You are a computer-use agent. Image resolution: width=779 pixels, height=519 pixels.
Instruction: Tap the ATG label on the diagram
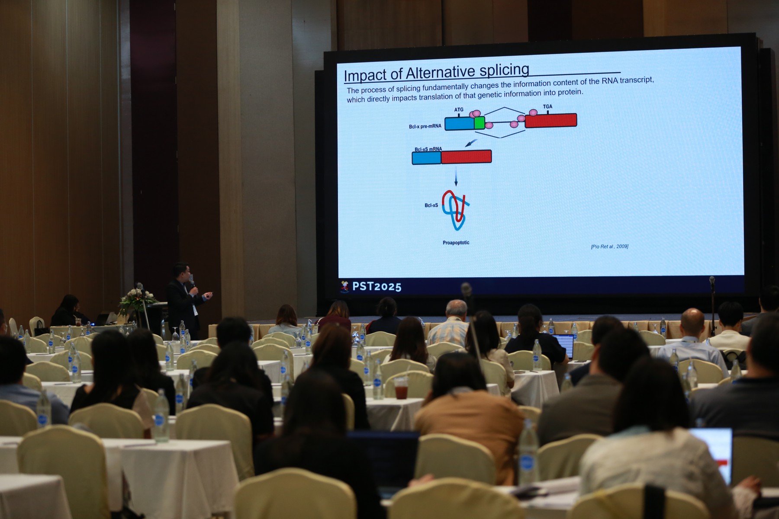tap(459, 110)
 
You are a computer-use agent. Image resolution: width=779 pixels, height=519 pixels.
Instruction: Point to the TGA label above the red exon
tap(547, 106)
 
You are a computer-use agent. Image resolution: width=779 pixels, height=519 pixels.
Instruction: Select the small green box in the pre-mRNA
tap(479, 123)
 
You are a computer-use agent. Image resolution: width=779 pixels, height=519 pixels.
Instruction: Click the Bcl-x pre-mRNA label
tap(425, 126)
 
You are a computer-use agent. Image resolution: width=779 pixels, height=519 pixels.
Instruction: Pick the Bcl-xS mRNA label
tap(428, 149)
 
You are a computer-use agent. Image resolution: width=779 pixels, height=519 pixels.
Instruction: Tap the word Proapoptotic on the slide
tap(456, 243)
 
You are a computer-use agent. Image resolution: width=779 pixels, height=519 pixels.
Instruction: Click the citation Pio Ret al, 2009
tap(609, 247)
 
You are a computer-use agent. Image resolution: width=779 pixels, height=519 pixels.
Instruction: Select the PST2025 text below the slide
tap(377, 287)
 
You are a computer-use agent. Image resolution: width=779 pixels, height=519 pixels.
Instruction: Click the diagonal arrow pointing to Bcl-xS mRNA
tap(470, 143)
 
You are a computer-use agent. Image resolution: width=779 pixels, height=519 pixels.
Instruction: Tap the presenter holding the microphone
tap(185, 301)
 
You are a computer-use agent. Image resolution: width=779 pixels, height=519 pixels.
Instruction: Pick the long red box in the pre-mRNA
tap(551, 120)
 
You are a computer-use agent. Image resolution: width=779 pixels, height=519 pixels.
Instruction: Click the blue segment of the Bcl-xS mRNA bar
tap(426, 158)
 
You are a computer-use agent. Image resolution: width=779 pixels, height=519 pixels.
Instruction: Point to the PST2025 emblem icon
tap(344, 287)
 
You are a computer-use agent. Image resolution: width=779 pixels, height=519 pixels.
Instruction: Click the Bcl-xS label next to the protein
tap(431, 205)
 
